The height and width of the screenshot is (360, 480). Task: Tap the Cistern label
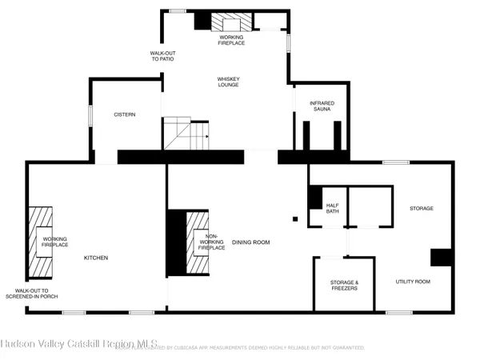coord(124,114)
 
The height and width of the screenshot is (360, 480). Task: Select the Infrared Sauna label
coord(322,106)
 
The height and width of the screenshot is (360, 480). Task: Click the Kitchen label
coord(96,258)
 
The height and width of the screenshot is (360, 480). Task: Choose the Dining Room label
coord(250,242)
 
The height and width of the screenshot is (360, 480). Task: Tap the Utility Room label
coord(414,282)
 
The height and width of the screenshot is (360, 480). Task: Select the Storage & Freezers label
coord(344,286)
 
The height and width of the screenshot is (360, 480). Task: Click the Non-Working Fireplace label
coord(212,242)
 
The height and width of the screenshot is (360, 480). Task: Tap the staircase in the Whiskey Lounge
coord(186,133)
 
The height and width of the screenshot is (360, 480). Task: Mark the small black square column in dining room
coord(295,218)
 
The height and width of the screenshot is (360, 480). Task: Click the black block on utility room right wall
coord(442,257)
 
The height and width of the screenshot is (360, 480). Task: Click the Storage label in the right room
coord(422,209)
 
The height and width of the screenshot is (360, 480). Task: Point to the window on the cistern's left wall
coord(90,115)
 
